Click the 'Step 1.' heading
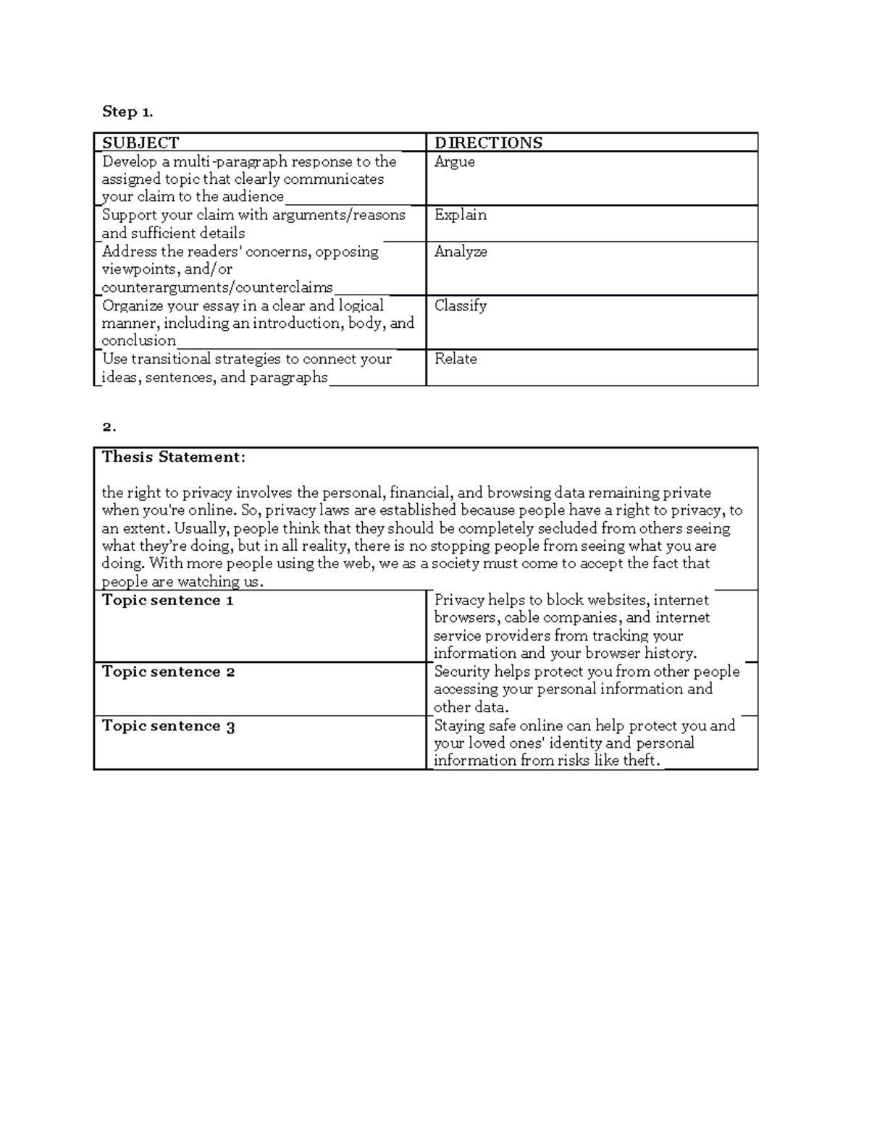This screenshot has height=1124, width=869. (x=127, y=111)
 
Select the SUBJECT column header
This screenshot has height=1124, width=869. (x=140, y=143)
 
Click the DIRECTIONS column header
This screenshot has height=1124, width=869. (x=488, y=143)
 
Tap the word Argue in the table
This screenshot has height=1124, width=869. (x=455, y=161)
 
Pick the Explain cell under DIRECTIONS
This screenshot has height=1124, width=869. (x=461, y=215)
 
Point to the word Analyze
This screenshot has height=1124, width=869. (x=461, y=252)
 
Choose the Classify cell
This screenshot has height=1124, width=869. (x=461, y=305)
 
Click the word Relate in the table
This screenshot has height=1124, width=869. (x=456, y=359)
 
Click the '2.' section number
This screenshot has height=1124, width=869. (x=109, y=427)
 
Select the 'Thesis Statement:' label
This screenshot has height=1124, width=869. (x=174, y=457)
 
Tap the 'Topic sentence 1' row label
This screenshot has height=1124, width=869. (x=167, y=600)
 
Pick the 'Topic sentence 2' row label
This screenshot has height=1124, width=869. (x=168, y=672)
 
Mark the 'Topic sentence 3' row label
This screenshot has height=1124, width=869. (x=168, y=726)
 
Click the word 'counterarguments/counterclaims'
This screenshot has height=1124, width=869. (x=217, y=287)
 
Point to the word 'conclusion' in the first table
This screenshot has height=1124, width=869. (x=138, y=341)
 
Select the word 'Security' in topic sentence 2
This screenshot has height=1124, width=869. (x=462, y=672)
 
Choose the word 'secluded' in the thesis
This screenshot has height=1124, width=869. (x=565, y=528)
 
